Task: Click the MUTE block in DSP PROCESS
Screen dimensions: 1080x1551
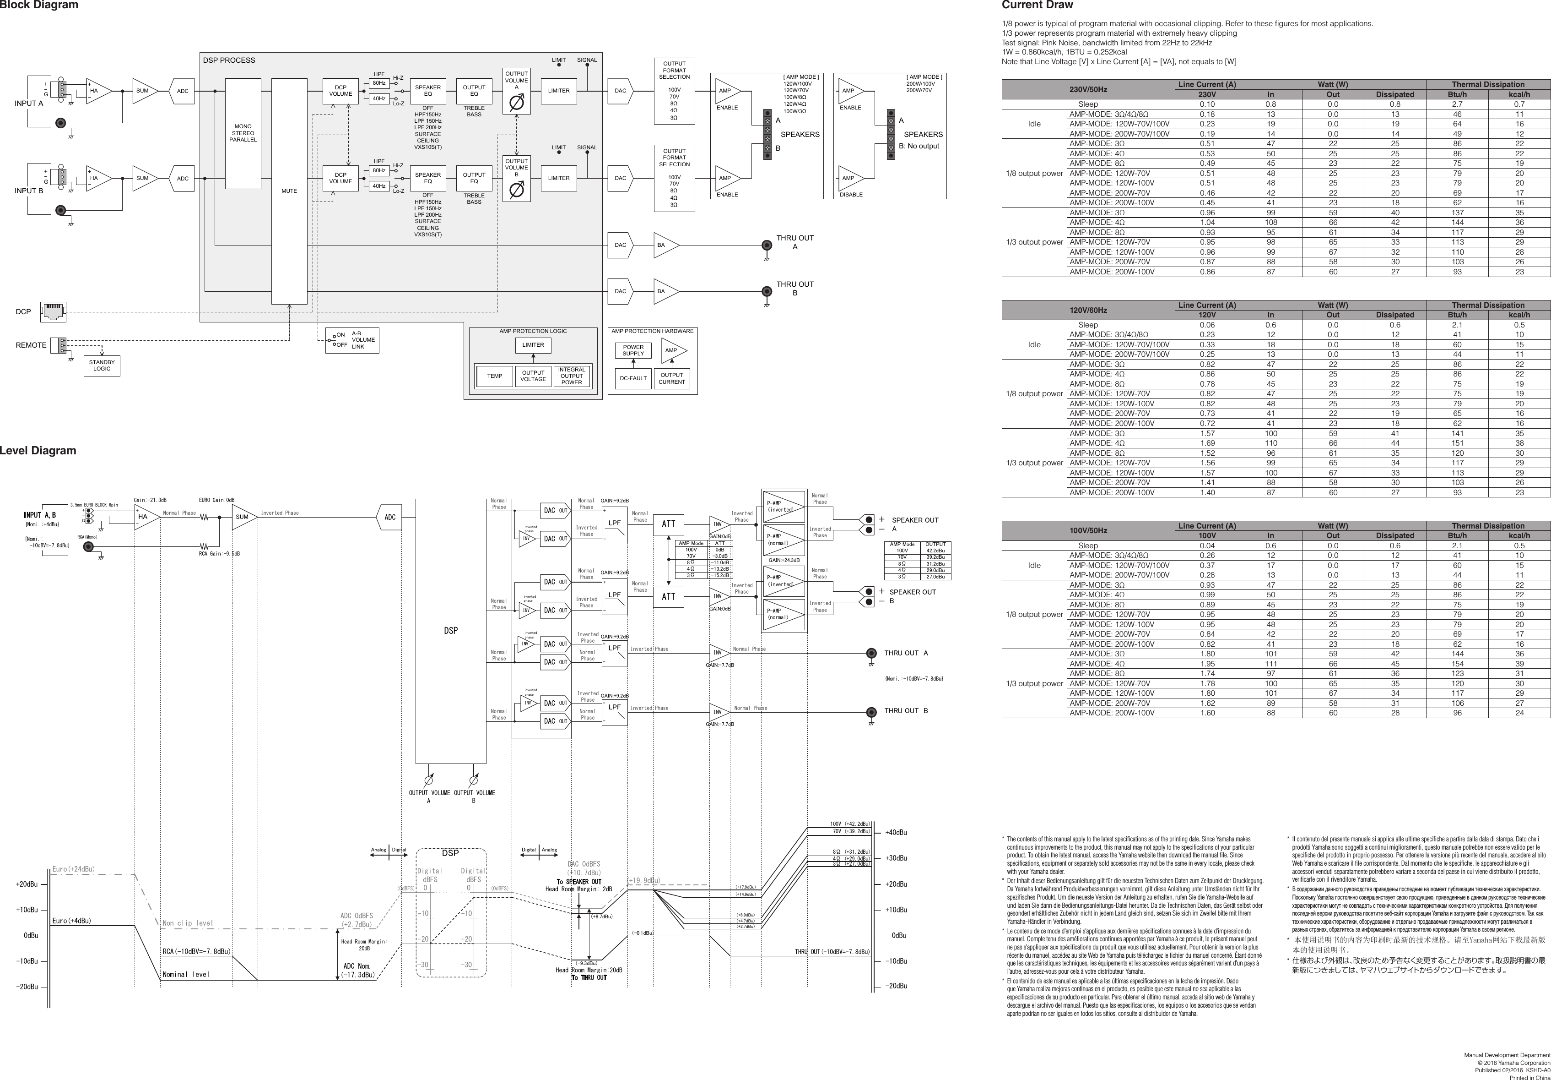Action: tap(289, 191)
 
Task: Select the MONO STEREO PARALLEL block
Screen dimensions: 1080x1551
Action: tap(243, 133)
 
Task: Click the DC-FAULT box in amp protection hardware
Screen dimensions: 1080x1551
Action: tap(633, 378)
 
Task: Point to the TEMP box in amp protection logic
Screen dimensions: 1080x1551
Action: tap(494, 376)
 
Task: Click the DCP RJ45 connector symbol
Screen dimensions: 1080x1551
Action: tap(53, 311)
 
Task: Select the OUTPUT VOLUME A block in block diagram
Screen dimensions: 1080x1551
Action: tap(516, 91)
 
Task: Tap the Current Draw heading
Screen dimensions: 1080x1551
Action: tap(1037, 5)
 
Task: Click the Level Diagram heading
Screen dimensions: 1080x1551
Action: tap(38, 451)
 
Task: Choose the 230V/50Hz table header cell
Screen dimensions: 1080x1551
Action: tap(1087, 89)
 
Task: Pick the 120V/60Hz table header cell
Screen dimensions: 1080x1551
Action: tap(1087, 310)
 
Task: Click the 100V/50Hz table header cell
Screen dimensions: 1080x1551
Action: tap(1087, 530)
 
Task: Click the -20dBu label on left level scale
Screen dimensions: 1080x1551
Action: tap(27, 987)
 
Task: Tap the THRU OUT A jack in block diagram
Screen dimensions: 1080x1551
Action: tap(767, 245)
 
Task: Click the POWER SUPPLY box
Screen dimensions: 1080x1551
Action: tap(633, 350)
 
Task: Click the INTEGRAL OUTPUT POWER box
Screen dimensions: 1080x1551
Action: tap(572, 376)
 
